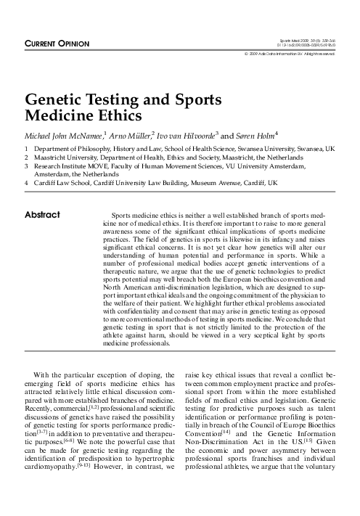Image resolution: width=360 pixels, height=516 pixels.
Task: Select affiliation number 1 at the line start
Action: [x=27, y=147]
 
